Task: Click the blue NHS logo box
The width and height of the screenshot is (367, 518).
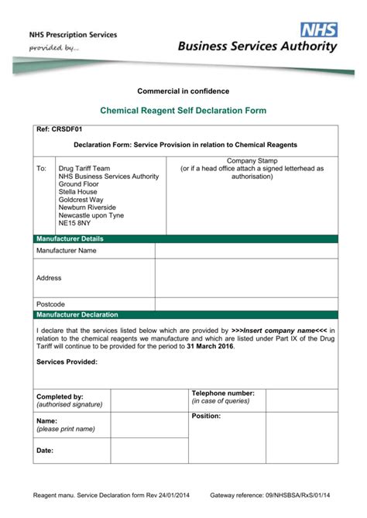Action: (x=320, y=29)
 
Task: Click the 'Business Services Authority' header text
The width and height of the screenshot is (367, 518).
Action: (x=258, y=46)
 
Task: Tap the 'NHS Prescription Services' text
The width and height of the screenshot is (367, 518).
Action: (x=73, y=35)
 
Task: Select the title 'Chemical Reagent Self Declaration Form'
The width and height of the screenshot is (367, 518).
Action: (x=183, y=111)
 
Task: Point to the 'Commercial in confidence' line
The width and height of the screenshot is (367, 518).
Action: (x=183, y=92)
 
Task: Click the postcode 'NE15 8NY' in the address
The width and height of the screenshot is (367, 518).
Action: (x=74, y=223)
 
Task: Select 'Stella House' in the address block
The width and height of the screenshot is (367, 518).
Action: (x=77, y=192)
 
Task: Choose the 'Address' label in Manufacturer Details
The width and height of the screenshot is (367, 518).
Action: (x=49, y=277)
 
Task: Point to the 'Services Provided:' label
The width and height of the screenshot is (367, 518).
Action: (x=67, y=362)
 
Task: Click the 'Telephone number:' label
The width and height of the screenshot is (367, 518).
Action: (x=223, y=393)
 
